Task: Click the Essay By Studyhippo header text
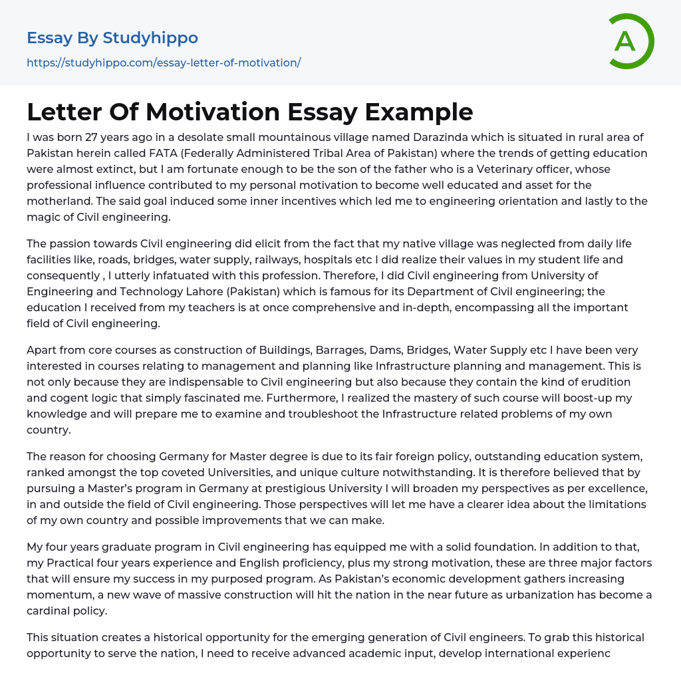tap(112, 38)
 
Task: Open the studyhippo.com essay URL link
tap(164, 63)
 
